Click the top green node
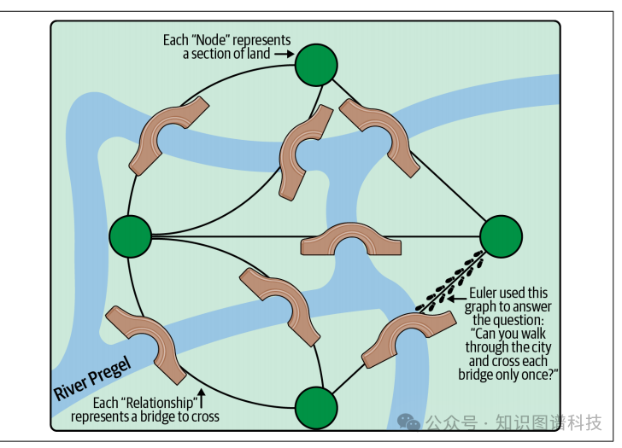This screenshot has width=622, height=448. tap(316, 65)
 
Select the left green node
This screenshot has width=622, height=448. tap(130, 236)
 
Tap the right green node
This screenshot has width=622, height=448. tap(501, 236)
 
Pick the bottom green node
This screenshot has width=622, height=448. tap(315, 406)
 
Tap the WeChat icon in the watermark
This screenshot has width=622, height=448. tap(412, 422)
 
